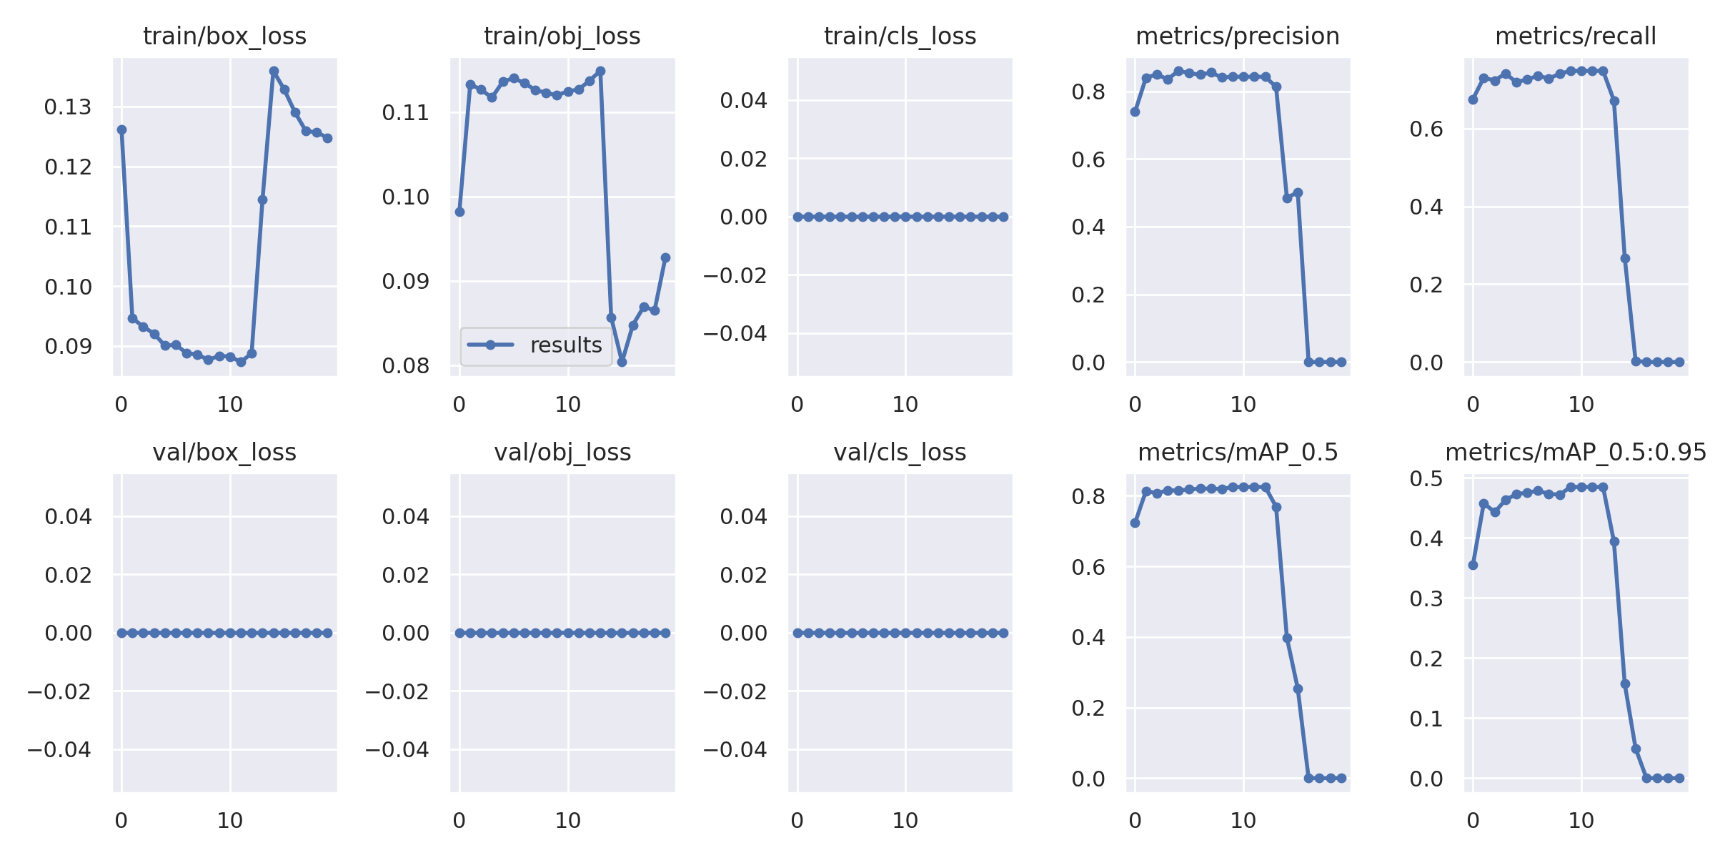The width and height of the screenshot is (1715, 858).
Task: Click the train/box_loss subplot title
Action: [x=224, y=36]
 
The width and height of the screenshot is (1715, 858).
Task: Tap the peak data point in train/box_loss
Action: [x=274, y=71]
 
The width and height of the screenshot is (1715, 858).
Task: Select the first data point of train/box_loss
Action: [x=121, y=129]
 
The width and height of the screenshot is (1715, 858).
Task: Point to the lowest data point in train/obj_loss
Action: [x=622, y=362]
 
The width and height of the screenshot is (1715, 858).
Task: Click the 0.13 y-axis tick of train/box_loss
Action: [x=68, y=107]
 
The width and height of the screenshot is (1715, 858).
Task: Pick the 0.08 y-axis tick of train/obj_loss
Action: [x=406, y=366]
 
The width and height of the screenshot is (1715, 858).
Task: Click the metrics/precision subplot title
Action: [x=1237, y=36]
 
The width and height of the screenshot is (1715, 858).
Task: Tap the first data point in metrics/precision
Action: [x=1135, y=112]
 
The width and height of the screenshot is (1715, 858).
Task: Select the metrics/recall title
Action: [x=1575, y=36]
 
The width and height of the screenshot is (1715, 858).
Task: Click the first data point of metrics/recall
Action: [x=1473, y=99]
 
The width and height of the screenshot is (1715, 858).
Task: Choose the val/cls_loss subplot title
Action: [x=900, y=452]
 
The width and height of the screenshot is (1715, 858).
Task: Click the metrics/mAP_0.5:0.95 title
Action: [x=1575, y=452]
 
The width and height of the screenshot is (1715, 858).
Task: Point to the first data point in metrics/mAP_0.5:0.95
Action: [x=1473, y=565]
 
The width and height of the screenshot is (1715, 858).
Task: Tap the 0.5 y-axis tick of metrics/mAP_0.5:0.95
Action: [x=1426, y=478]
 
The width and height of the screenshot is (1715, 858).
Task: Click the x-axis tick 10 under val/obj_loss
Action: [x=568, y=821]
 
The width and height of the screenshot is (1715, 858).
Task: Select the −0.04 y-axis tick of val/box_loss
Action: [x=59, y=749]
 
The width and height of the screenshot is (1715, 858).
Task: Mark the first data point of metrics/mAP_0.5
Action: [x=1135, y=523]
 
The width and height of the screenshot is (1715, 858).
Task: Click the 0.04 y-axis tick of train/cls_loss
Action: [x=743, y=100]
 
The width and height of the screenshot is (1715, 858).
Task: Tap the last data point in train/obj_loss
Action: [x=665, y=257]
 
